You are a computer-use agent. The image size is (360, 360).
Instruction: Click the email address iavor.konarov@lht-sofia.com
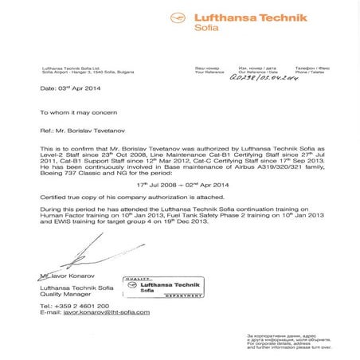click(x=95, y=312)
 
